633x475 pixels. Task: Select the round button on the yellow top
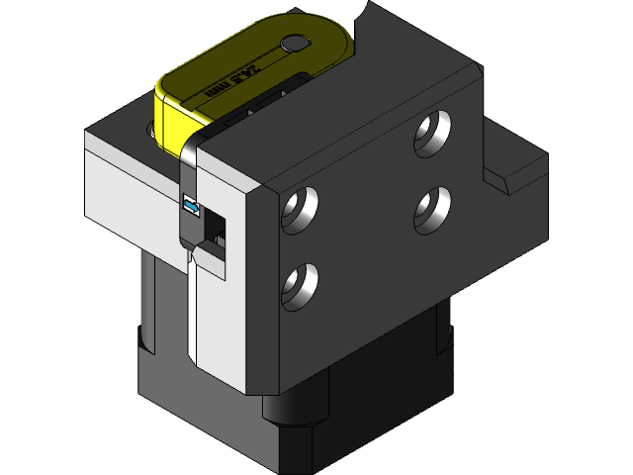point(294,44)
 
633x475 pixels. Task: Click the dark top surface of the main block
point(326,119)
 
